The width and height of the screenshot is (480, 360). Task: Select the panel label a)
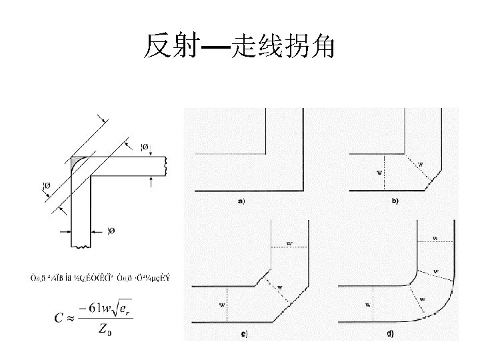pyautogui.click(x=241, y=201)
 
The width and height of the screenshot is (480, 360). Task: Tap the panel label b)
pyautogui.click(x=394, y=201)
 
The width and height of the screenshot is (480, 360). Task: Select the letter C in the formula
pyautogui.click(x=59, y=318)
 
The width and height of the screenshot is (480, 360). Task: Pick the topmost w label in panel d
pyautogui.click(x=435, y=237)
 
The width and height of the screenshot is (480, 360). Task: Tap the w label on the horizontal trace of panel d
pyautogui.click(x=367, y=305)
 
